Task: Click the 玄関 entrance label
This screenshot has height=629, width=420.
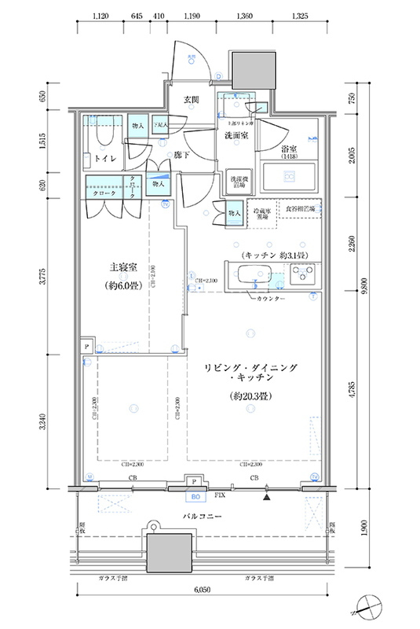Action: (x=192, y=100)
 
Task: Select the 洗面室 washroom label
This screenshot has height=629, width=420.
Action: (x=236, y=136)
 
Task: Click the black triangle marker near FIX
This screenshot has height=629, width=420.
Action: (x=268, y=496)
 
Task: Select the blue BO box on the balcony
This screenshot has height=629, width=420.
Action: (x=192, y=496)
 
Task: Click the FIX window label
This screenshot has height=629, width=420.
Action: (x=221, y=496)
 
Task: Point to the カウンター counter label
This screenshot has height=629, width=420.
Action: (x=269, y=300)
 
